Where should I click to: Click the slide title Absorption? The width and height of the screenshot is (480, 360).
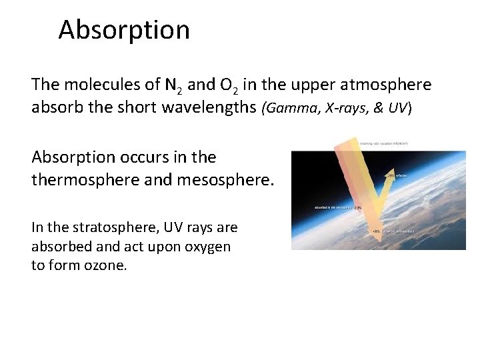click(x=123, y=30)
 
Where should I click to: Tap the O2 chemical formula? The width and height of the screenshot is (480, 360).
click(x=229, y=86)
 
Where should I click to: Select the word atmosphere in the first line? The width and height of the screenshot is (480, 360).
click(x=385, y=85)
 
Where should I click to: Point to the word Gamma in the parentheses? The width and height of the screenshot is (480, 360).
click(x=289, y=108)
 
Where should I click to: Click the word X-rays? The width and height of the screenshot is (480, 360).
click(x=337, y=108)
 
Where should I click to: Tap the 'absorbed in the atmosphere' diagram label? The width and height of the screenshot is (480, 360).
click(x=333, y=207)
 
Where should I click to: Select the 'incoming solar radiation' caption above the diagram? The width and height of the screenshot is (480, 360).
click(x=383, y=143)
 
